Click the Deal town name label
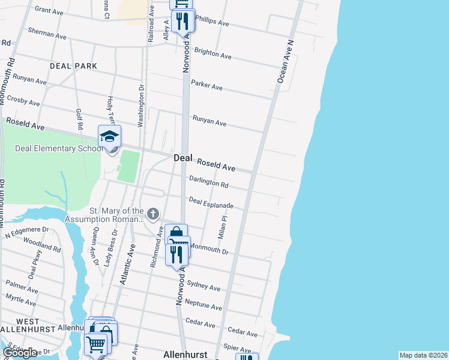[x=182, y=158]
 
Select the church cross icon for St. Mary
[x=153, y=214]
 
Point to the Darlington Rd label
[x=208, y=182]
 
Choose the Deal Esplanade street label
[x=211, y=203]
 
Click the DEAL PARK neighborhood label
[x=73, y=65]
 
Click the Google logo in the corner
[x=20, y=353]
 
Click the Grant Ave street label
[x=49, y=10]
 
